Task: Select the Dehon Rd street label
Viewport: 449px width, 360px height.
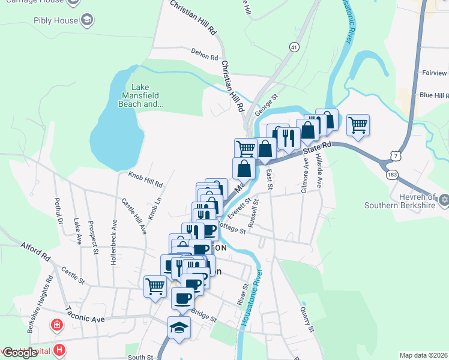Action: point(205,56)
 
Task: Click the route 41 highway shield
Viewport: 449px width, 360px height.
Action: point(294,46)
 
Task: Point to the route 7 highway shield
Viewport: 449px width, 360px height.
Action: point(394,155)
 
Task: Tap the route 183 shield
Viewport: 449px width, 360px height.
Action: point(392,173)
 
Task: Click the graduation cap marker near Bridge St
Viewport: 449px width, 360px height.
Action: point(179,328)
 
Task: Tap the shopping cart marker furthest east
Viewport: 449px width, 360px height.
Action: point(358,125)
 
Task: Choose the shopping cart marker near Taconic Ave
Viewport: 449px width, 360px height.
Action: point(155,286)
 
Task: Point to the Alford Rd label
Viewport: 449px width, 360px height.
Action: point(35,251)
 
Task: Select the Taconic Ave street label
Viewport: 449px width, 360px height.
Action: point(85,316)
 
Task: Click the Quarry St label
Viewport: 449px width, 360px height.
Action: point(307,319)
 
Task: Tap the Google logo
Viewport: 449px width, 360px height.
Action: point(20,353)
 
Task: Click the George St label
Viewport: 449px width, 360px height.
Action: point(267,104)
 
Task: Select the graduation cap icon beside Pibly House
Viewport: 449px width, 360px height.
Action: point(88,20)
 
